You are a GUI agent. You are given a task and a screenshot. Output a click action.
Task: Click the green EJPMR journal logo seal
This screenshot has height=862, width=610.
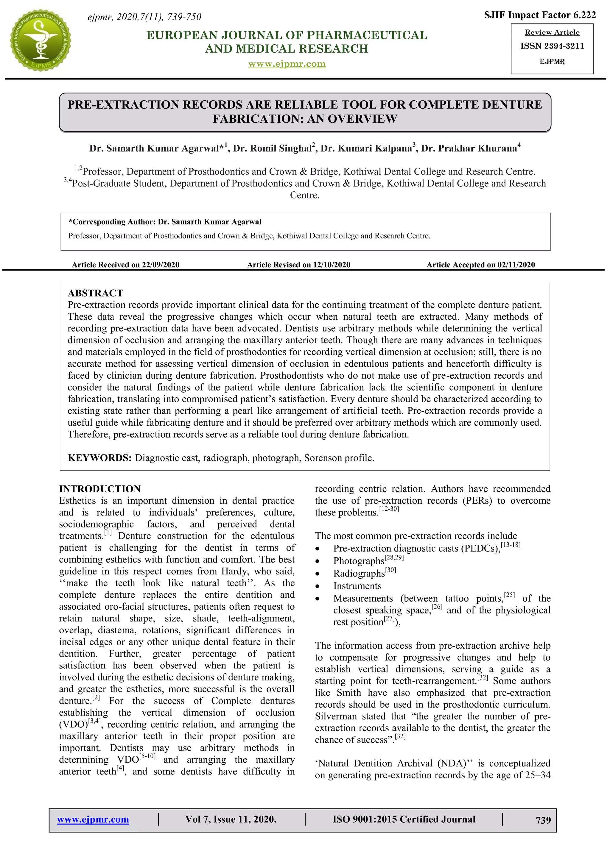click(x=40, y=40)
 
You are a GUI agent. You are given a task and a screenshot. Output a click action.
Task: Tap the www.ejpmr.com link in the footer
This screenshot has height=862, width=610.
click(x=93, y=819)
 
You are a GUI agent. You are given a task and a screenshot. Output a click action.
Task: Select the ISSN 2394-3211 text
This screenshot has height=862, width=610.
click(x=552, y=46)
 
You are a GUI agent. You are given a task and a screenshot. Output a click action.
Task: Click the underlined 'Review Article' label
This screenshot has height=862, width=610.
click(x=552, y=33)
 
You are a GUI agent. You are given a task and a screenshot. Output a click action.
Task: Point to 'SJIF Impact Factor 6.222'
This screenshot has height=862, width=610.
click(x=540, y=15)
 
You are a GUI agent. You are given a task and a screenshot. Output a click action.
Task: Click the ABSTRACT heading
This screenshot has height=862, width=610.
click(x=95, y=293)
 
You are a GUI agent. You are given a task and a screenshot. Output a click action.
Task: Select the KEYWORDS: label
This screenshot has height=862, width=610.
click(x=99, y=458)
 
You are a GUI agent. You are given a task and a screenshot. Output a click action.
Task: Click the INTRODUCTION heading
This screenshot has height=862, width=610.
click(x=100, y=489)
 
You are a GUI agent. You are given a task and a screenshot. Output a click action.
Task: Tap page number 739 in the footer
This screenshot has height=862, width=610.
click(x=543, y=820)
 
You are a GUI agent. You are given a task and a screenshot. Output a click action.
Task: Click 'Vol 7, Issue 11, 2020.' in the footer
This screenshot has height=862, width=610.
click(x=231, y=819)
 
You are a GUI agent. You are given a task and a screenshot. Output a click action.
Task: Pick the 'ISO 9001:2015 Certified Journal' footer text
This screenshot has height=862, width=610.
click(x=404, y=819)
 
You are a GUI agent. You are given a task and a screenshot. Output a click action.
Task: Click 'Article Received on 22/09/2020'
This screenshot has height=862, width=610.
click(x=125, y=265)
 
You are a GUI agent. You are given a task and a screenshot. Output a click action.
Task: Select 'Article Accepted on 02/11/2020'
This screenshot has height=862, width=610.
click(x=480, y=265)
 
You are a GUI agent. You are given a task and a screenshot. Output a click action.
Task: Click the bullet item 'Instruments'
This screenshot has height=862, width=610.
click(x=357, y=586)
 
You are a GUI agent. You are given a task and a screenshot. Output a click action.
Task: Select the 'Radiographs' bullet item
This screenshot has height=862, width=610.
click(x=359, y=574)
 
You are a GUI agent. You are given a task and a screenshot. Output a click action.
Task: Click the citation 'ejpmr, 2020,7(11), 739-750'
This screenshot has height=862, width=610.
click(x=144, y=17)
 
